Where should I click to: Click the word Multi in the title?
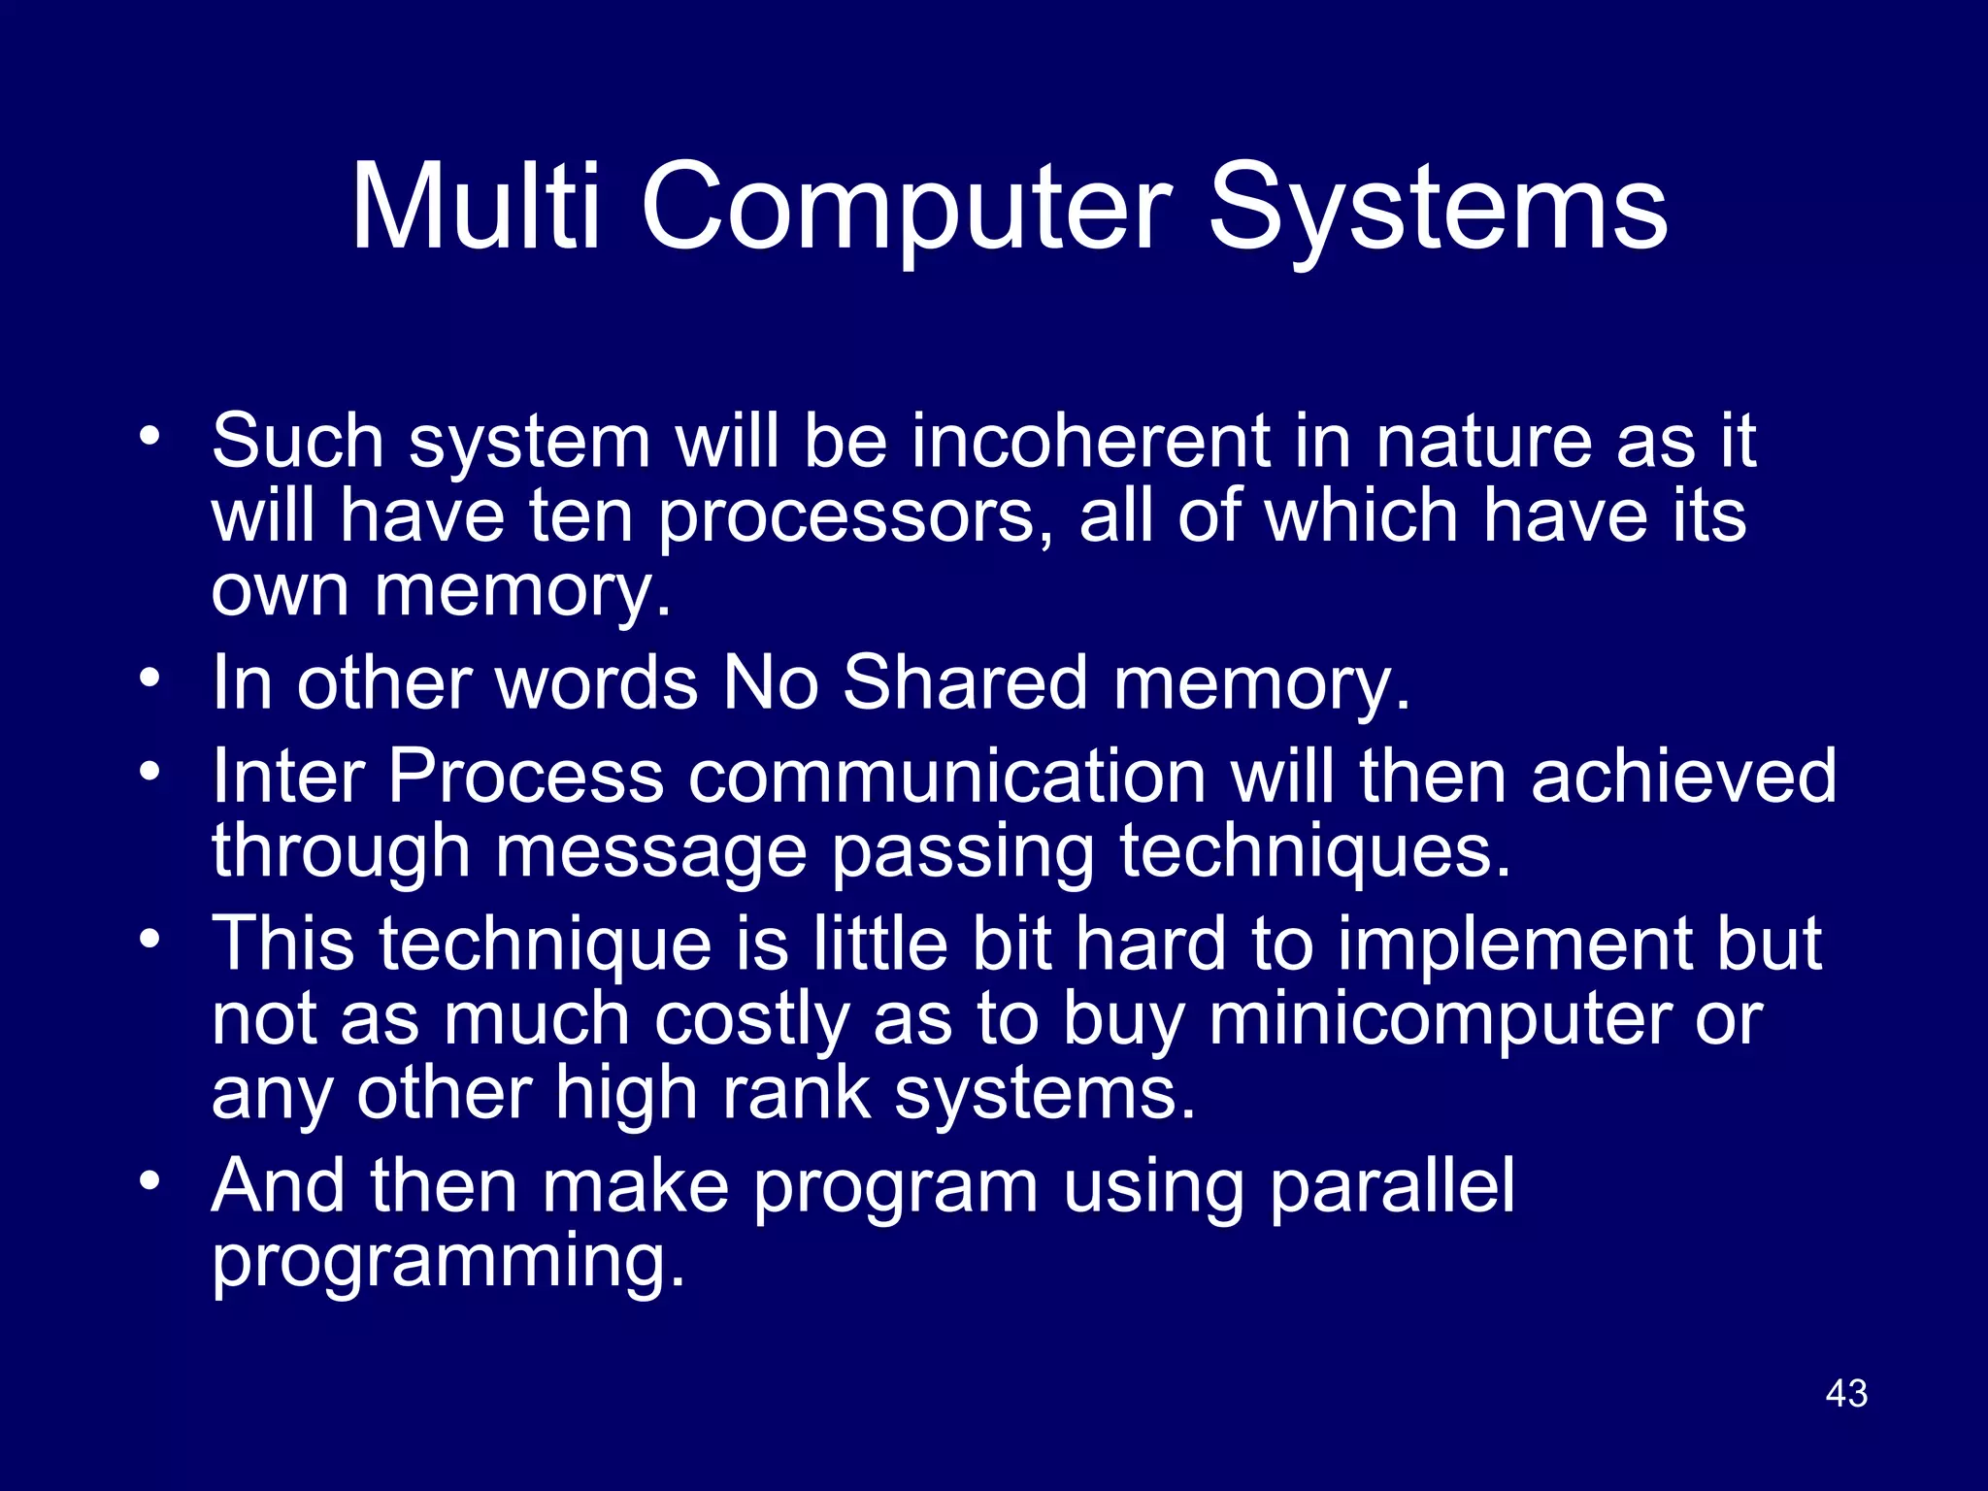476,207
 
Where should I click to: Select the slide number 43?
1846,1393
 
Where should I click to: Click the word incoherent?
1090,442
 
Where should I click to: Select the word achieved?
1683,778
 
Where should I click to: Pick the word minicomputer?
1441,1021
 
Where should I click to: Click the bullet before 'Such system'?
149,435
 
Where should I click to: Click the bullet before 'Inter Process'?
149,772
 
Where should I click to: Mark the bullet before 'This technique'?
149,939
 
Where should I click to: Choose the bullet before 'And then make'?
149,1181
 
